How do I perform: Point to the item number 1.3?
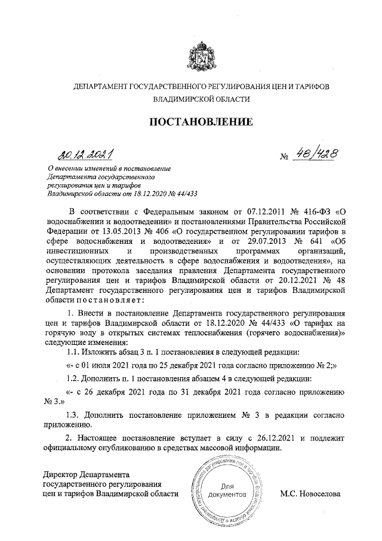(73, 414)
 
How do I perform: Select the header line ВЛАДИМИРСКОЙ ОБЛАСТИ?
(201, 100)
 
